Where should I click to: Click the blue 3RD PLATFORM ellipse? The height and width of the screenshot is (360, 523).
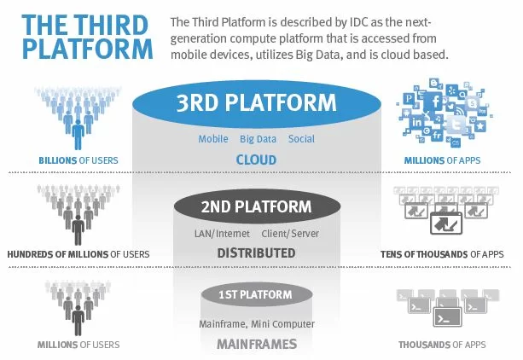tap(257, 104)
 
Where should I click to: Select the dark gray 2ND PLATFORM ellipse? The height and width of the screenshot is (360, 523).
tap(257, 206)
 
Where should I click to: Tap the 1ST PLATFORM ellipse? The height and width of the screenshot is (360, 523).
tap(257, 294)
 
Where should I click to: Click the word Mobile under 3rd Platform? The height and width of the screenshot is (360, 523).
tap(213, 139)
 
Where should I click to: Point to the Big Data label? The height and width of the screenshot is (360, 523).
tap(259, 139)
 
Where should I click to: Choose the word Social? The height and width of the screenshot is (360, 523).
tap(301, 139)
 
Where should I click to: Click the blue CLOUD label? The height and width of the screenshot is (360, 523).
tap(256, 160)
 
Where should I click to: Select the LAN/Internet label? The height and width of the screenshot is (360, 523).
tap(222, 234)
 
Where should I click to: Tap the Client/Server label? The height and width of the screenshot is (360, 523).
tap(290, 234)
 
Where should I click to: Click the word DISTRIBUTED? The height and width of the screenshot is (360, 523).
tap(256, 253)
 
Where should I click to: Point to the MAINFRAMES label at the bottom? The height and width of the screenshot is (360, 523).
tap(257, 344)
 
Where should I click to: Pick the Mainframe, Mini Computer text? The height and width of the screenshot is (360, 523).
tap(257, 324)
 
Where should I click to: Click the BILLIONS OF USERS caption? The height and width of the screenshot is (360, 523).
tap(78, 160)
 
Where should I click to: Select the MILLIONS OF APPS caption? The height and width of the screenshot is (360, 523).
tap(442, 160)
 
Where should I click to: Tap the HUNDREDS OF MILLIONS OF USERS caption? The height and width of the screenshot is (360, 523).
tap(78, 254)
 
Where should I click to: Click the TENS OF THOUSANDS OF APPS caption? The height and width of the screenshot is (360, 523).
tap(442, 254)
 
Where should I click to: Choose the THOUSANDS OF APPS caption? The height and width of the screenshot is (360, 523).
tap(442, 345)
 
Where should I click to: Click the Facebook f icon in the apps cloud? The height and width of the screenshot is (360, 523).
tap(435, 102)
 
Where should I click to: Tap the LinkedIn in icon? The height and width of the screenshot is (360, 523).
tap(417, 122)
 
